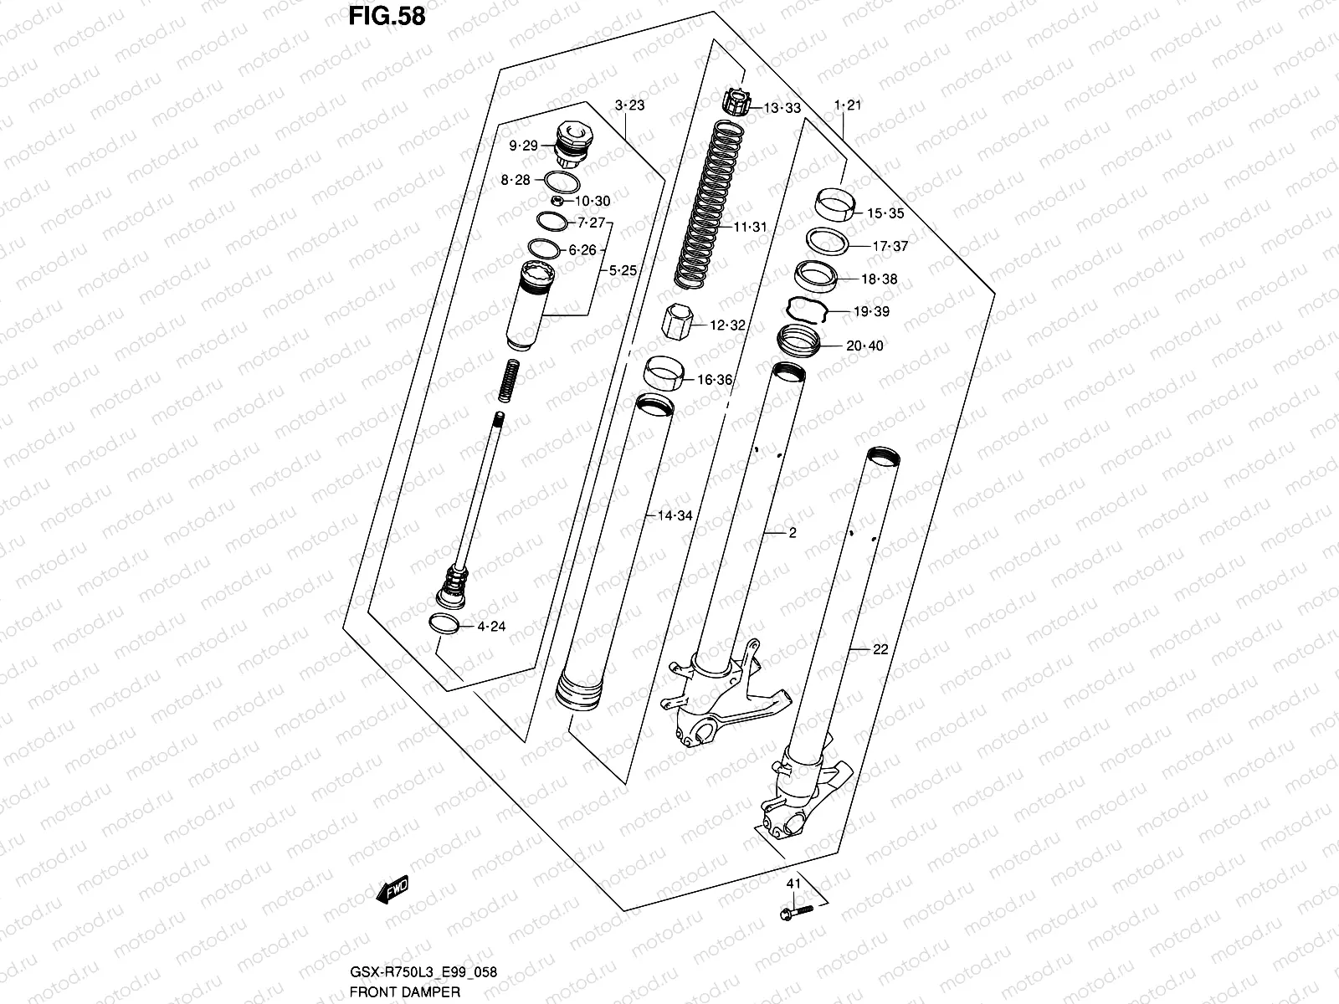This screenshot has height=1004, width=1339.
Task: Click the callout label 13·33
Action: pos(782,108)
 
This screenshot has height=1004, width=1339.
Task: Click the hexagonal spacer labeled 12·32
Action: pos(678,322)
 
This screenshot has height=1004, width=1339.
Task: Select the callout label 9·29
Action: pos(523,146)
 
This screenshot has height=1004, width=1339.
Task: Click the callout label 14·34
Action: pos(675,515)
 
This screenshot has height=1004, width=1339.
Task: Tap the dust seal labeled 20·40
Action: pos(798,341)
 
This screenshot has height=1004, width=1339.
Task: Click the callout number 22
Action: pos(880,649)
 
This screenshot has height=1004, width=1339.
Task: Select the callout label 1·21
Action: pos(847,105)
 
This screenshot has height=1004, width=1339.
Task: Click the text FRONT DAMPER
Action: pos(404,992)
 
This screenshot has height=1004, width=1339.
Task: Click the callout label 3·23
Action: pos(629,105)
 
